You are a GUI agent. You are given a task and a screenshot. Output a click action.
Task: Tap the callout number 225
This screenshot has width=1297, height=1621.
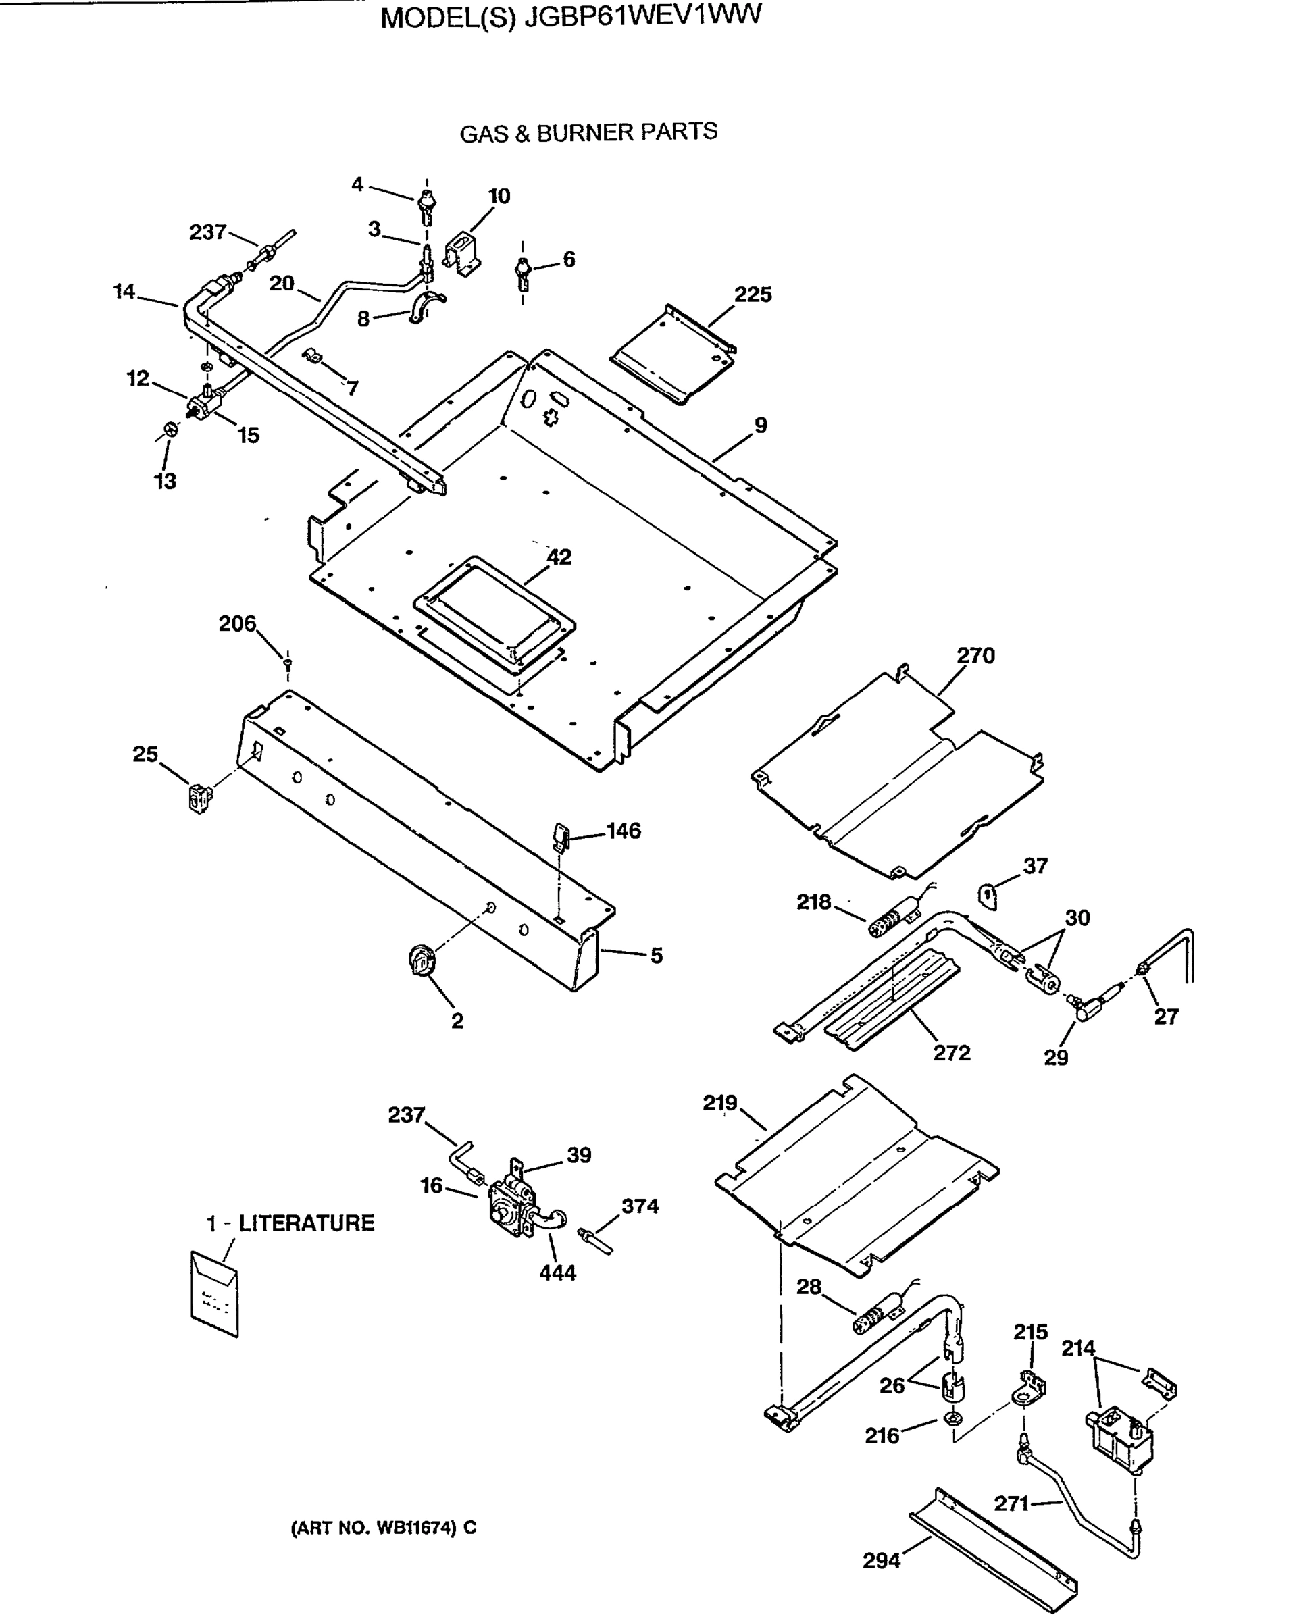point(753,294)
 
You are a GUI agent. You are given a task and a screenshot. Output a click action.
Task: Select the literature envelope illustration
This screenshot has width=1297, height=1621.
point(215,1293)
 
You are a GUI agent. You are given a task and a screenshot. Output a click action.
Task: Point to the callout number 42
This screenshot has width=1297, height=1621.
point(559,557)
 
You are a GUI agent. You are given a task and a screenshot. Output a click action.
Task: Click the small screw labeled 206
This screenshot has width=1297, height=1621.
point(288,662)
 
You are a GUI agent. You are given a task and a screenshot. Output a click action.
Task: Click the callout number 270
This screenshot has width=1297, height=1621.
point(975,656)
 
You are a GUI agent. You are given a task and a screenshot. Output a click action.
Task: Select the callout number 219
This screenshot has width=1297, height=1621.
point(719,1103)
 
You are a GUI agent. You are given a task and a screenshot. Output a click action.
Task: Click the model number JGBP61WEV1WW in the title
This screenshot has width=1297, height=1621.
point(643,16)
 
